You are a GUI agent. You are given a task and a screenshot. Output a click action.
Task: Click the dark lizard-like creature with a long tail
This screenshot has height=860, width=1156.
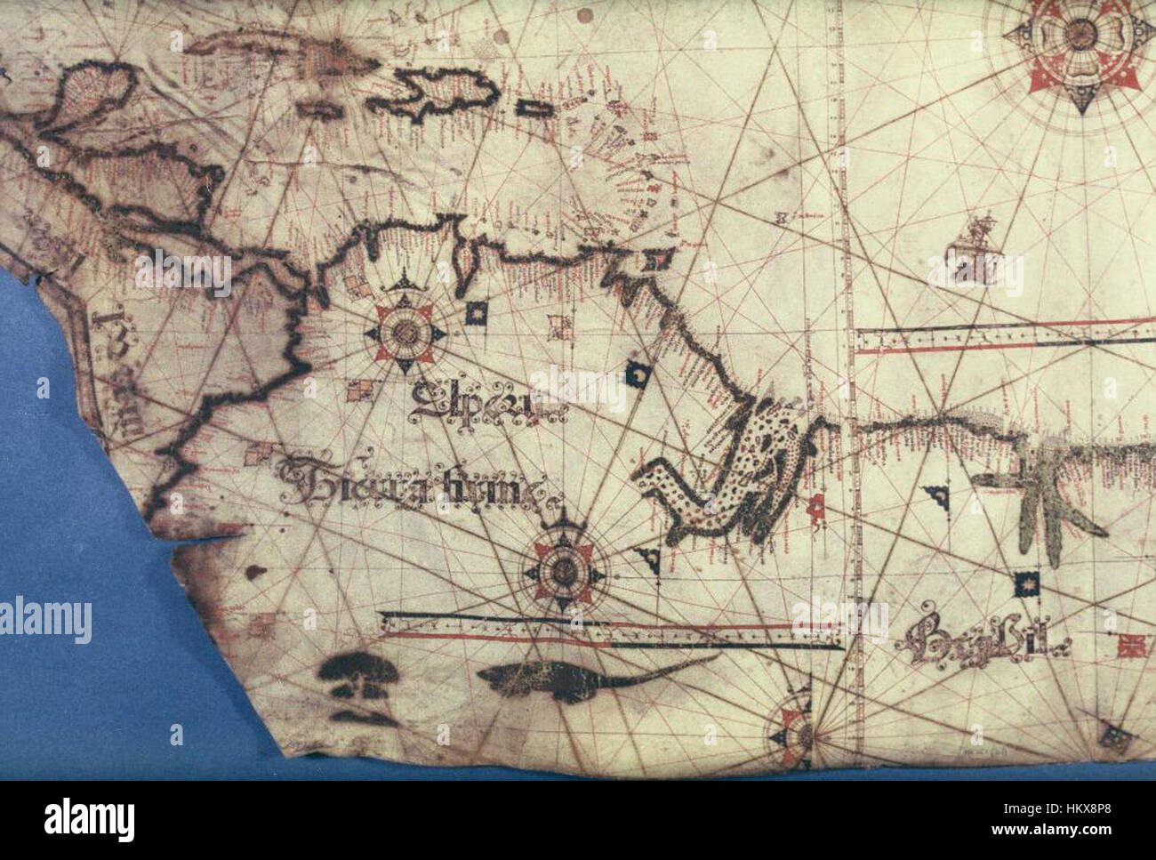click(x=578, y=680)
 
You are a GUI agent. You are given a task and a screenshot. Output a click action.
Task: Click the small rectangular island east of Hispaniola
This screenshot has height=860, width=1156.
click(x=533, y=109)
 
